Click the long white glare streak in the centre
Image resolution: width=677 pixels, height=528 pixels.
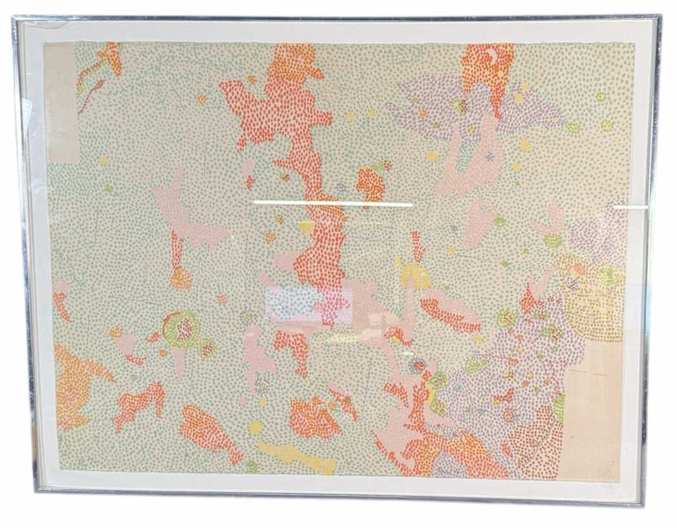point(333,204)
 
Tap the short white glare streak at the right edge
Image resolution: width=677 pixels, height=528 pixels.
point(630,207)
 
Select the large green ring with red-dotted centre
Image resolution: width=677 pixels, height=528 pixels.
point(180,329)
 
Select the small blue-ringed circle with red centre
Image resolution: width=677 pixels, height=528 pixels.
point(417,366)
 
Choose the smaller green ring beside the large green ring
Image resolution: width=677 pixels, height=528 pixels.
point(207,349)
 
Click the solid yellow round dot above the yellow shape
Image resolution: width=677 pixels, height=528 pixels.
point(256,428)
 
